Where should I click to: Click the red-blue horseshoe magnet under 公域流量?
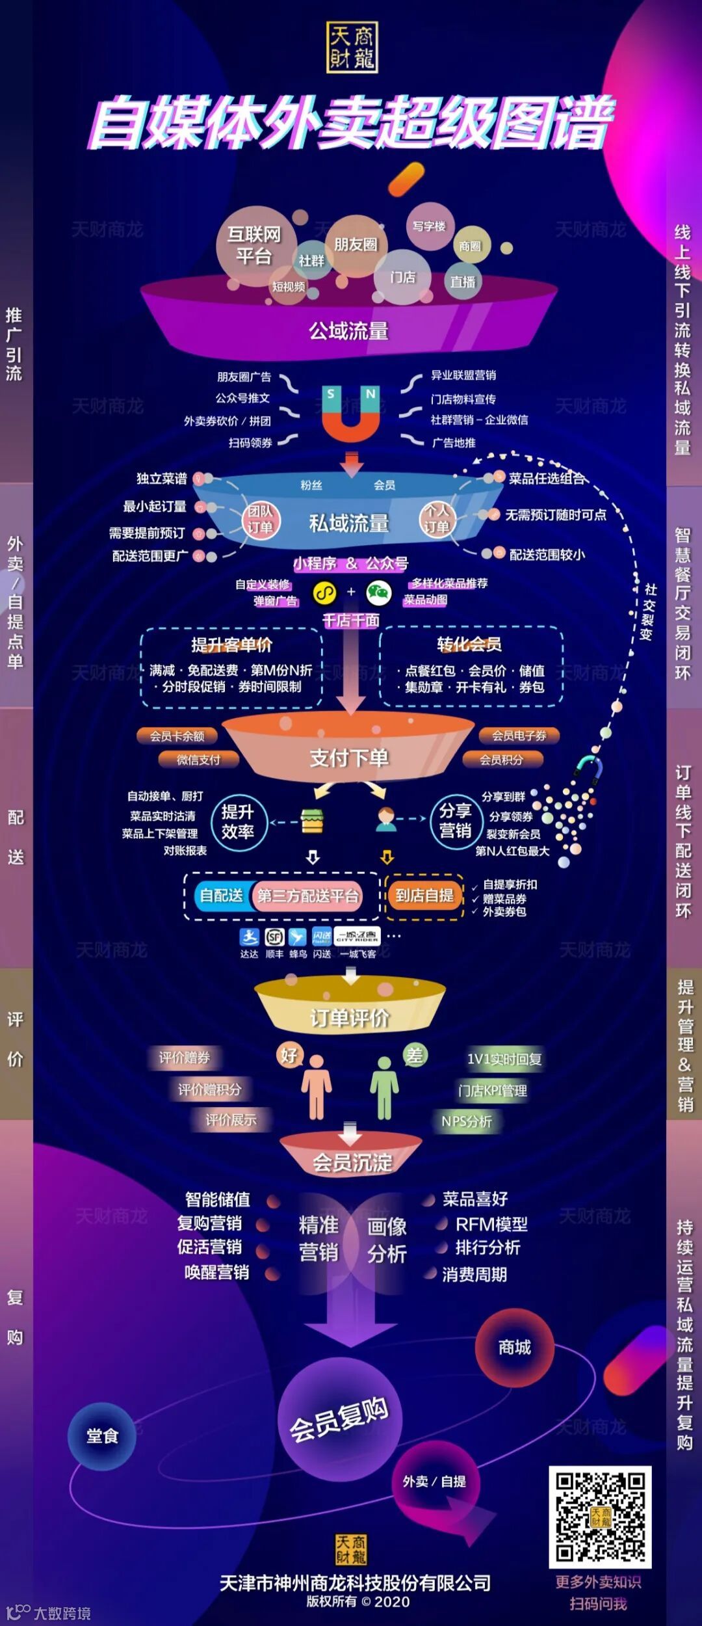click(x=351, y=414)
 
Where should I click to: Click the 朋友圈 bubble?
click(x=356, y=245)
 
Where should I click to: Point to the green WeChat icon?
click(x=379, y=593)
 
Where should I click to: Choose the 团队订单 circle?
click(x=260, y=519)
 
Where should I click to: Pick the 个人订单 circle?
click(x=437, y=519)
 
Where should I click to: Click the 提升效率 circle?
click(x=238, y=822)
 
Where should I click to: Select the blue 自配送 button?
click(x=222, y=896)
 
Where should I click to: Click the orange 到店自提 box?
click(x=424, y=896)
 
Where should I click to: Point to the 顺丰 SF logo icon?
click(x=274, y=937)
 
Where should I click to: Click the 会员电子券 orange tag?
click(x=519, y=736)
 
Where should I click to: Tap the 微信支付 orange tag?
click(x=199, y=759)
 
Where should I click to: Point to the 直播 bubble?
click(x=463, y=282)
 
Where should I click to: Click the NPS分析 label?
click(x=467, y=1121)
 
